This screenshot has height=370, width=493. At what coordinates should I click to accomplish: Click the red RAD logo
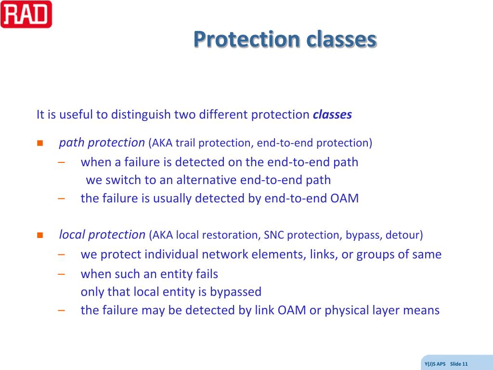pos(26,14)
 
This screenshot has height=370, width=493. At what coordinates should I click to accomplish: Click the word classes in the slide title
pos(341,39)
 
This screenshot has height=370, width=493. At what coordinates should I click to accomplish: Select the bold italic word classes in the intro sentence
pos(332,115)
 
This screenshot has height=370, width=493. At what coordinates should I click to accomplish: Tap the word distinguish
pos(141,115)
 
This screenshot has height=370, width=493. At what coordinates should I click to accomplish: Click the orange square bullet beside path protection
pos(40,143)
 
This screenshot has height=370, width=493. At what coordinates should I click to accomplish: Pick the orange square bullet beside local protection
pos(40,235)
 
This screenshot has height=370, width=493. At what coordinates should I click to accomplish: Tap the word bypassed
pos(235,292)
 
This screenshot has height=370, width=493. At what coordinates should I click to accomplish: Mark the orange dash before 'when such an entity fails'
pos(61,274)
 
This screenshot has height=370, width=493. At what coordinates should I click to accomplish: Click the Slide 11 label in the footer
pos(459,364)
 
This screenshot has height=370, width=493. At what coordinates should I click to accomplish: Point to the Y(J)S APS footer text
pos(435,364)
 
